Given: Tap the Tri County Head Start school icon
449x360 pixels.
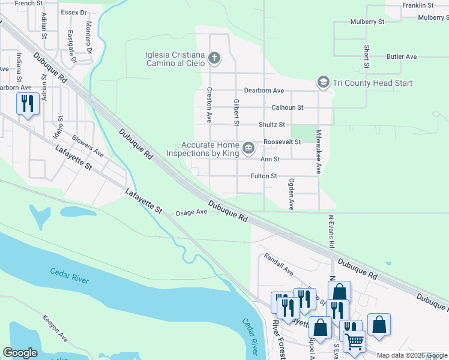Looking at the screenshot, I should coord(324,82).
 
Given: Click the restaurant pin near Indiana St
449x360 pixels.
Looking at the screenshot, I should coord(27,104).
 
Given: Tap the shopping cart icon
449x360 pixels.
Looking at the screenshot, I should coord(354,341).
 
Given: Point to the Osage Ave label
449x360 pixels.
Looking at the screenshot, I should coord(191,212).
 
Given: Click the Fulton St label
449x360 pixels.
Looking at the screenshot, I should coord(264,176).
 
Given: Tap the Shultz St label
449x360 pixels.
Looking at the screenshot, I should coord(271,125).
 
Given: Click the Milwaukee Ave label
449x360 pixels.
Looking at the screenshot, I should coord(319,151).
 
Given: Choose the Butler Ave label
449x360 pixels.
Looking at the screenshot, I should coord(402,56).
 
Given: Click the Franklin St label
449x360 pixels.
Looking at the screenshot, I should coord(418,5).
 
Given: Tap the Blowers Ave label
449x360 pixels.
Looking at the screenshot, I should coord(88,145).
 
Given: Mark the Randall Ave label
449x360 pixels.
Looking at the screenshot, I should coord(279,264).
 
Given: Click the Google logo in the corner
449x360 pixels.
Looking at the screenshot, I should coord(20,353).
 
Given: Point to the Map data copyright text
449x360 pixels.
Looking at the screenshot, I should coord(411,355).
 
